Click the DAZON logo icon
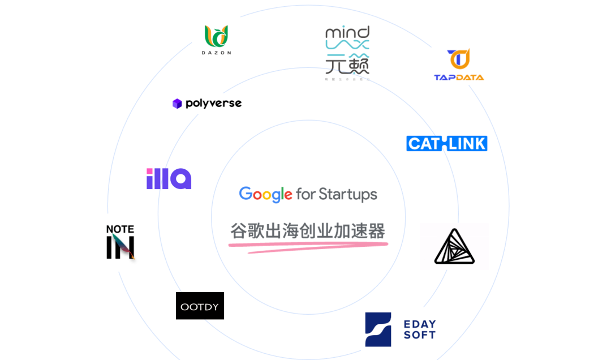tap(216, 36)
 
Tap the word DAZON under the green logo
tap(216, 53)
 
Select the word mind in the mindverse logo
tap(347, 32)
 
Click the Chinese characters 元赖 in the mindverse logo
tap(347, 66)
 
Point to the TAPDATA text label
tap(459, 77)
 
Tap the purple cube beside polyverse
tap(177, 104)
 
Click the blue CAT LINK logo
tap(446, 143)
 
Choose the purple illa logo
tap(169, 178)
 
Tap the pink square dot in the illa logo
tap(149, 171)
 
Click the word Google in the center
tap(265, 194)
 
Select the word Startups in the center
tap(348, 194)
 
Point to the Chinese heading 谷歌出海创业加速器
tap(308, 231)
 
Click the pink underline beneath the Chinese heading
tap(308, 246)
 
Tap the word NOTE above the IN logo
tap(120, 229)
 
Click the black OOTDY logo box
tap(200, 306)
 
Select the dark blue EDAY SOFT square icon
tap(378, 329)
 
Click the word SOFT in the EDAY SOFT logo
tap(420, 335)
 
